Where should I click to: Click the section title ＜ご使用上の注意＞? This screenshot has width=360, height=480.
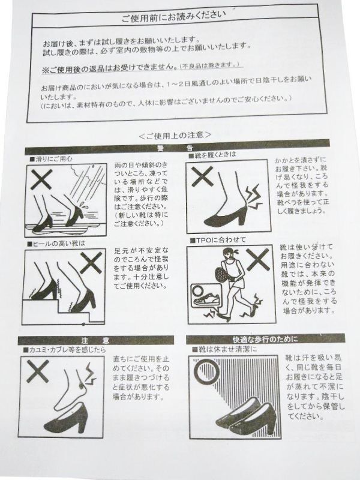(175, 134)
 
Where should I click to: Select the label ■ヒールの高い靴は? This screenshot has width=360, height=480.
(56, 244)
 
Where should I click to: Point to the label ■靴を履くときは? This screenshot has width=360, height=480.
(212, 155)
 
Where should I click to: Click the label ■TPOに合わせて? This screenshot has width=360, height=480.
(218, 240)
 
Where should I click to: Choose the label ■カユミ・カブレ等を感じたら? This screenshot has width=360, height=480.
(64, 350)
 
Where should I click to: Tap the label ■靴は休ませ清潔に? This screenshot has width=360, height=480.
(224, 349)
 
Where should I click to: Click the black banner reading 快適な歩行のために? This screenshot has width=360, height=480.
(265, 339)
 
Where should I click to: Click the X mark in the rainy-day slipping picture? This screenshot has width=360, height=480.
(41, 179)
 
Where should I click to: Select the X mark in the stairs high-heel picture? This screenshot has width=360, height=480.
(91, 263)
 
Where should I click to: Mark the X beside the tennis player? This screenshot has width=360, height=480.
(258, 260)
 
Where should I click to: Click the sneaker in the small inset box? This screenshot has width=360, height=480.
(206, 299)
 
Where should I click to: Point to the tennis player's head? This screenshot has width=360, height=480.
(228, 254)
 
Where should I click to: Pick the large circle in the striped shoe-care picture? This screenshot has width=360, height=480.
(206, 371)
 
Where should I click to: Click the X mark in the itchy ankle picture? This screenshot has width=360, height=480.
(38, 371)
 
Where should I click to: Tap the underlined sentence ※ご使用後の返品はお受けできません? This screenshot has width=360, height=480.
(109, 68)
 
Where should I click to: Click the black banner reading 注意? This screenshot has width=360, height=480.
(95, 340)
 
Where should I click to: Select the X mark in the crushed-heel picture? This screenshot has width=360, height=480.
(202, 176)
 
